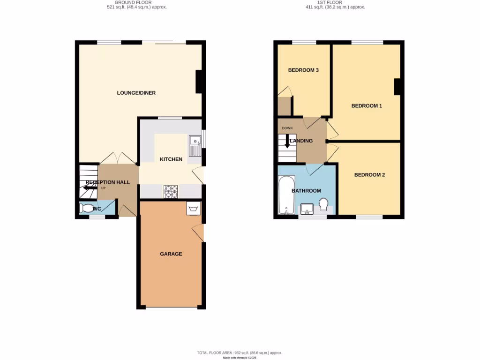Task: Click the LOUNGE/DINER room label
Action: coord(136,93)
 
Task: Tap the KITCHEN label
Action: coord(171,159)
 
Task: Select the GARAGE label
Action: coord(171,254)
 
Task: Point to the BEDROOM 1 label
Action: coord(367,106)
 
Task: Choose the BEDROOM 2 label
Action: coord(369,175)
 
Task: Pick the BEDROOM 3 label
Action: coord(303,70)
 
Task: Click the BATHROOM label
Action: coord(306,191)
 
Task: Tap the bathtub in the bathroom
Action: coord(286,195)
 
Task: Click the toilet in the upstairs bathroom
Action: coord(323,204)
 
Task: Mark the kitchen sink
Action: coord(195,145)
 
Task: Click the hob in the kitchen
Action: coord(171,191)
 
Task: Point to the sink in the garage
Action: coord(193,208)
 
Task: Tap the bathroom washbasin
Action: coord(307,208)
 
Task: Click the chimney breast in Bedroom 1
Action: coord(397,87)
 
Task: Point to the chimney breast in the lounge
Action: coord(199,81)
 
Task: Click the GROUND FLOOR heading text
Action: coord(133,2)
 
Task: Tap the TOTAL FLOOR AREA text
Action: coord(239,352)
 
